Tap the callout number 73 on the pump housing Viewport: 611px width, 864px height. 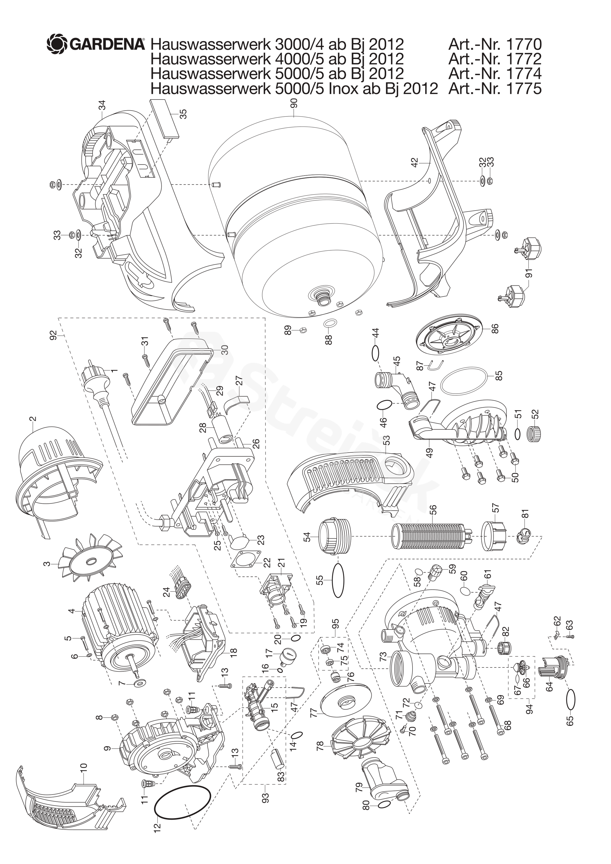coord(383,657)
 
